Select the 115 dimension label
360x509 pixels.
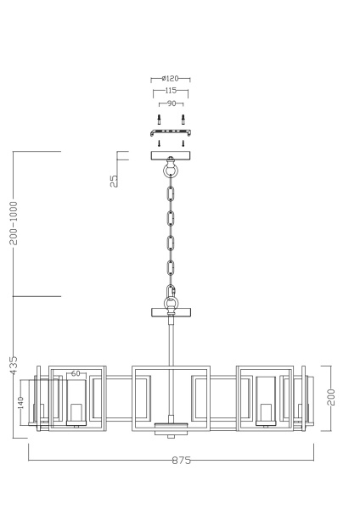[x=170, y=90]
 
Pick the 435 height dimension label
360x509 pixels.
[x=14, y=366]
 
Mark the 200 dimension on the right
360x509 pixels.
[x=332, y=397]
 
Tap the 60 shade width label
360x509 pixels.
[x=76, y=373]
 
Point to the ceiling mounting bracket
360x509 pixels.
[x=171, y=133]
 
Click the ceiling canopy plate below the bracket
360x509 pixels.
[x=171, y=155]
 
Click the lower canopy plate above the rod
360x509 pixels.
[x=171, y=312]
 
